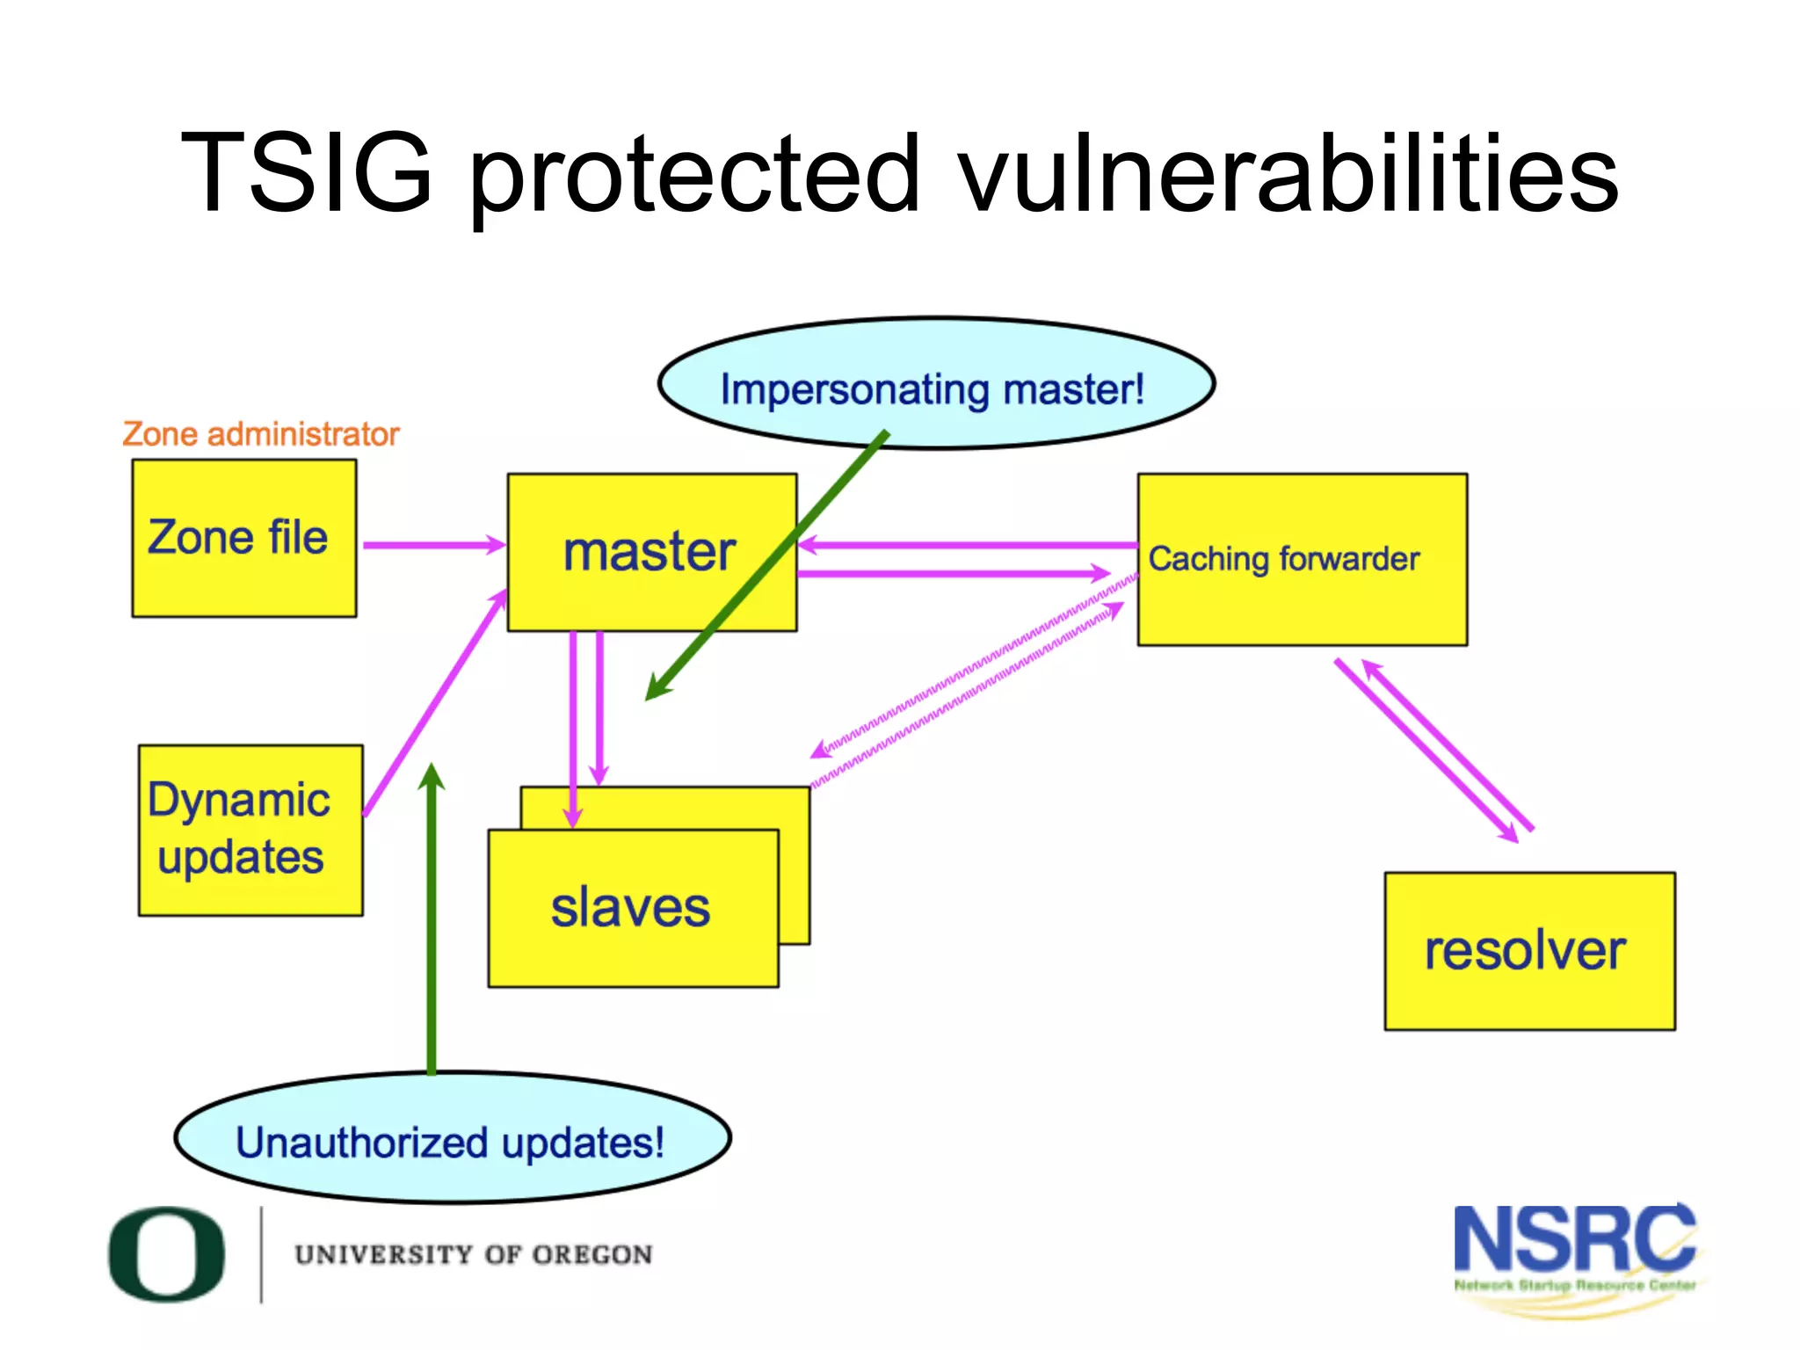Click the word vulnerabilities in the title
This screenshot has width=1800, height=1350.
click(x=1288, y=176)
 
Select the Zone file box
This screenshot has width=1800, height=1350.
click(x=244, y=538)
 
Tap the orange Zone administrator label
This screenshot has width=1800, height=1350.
click(x=261, y=434)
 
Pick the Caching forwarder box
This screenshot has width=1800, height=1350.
click(x=1301, y=560)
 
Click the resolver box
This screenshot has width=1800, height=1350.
click(x=1529, y=951)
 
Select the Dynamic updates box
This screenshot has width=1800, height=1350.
click(x=250, y=830)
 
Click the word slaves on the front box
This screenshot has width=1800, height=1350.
click(x=630, y=907)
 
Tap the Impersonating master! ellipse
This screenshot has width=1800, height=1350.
click(x=935, y=384)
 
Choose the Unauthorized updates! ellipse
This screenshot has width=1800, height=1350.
click(x=452, y=1137)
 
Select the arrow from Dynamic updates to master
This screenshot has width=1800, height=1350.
click(x=434, y=703)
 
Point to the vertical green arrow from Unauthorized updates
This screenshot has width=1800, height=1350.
click(x=432, y=923)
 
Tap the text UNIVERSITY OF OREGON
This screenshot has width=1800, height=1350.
click(x=473, y=1254)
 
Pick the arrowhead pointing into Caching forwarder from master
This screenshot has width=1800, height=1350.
click(x=1100, y=573)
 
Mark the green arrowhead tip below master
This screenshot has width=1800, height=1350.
click(x=653, y=693)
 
